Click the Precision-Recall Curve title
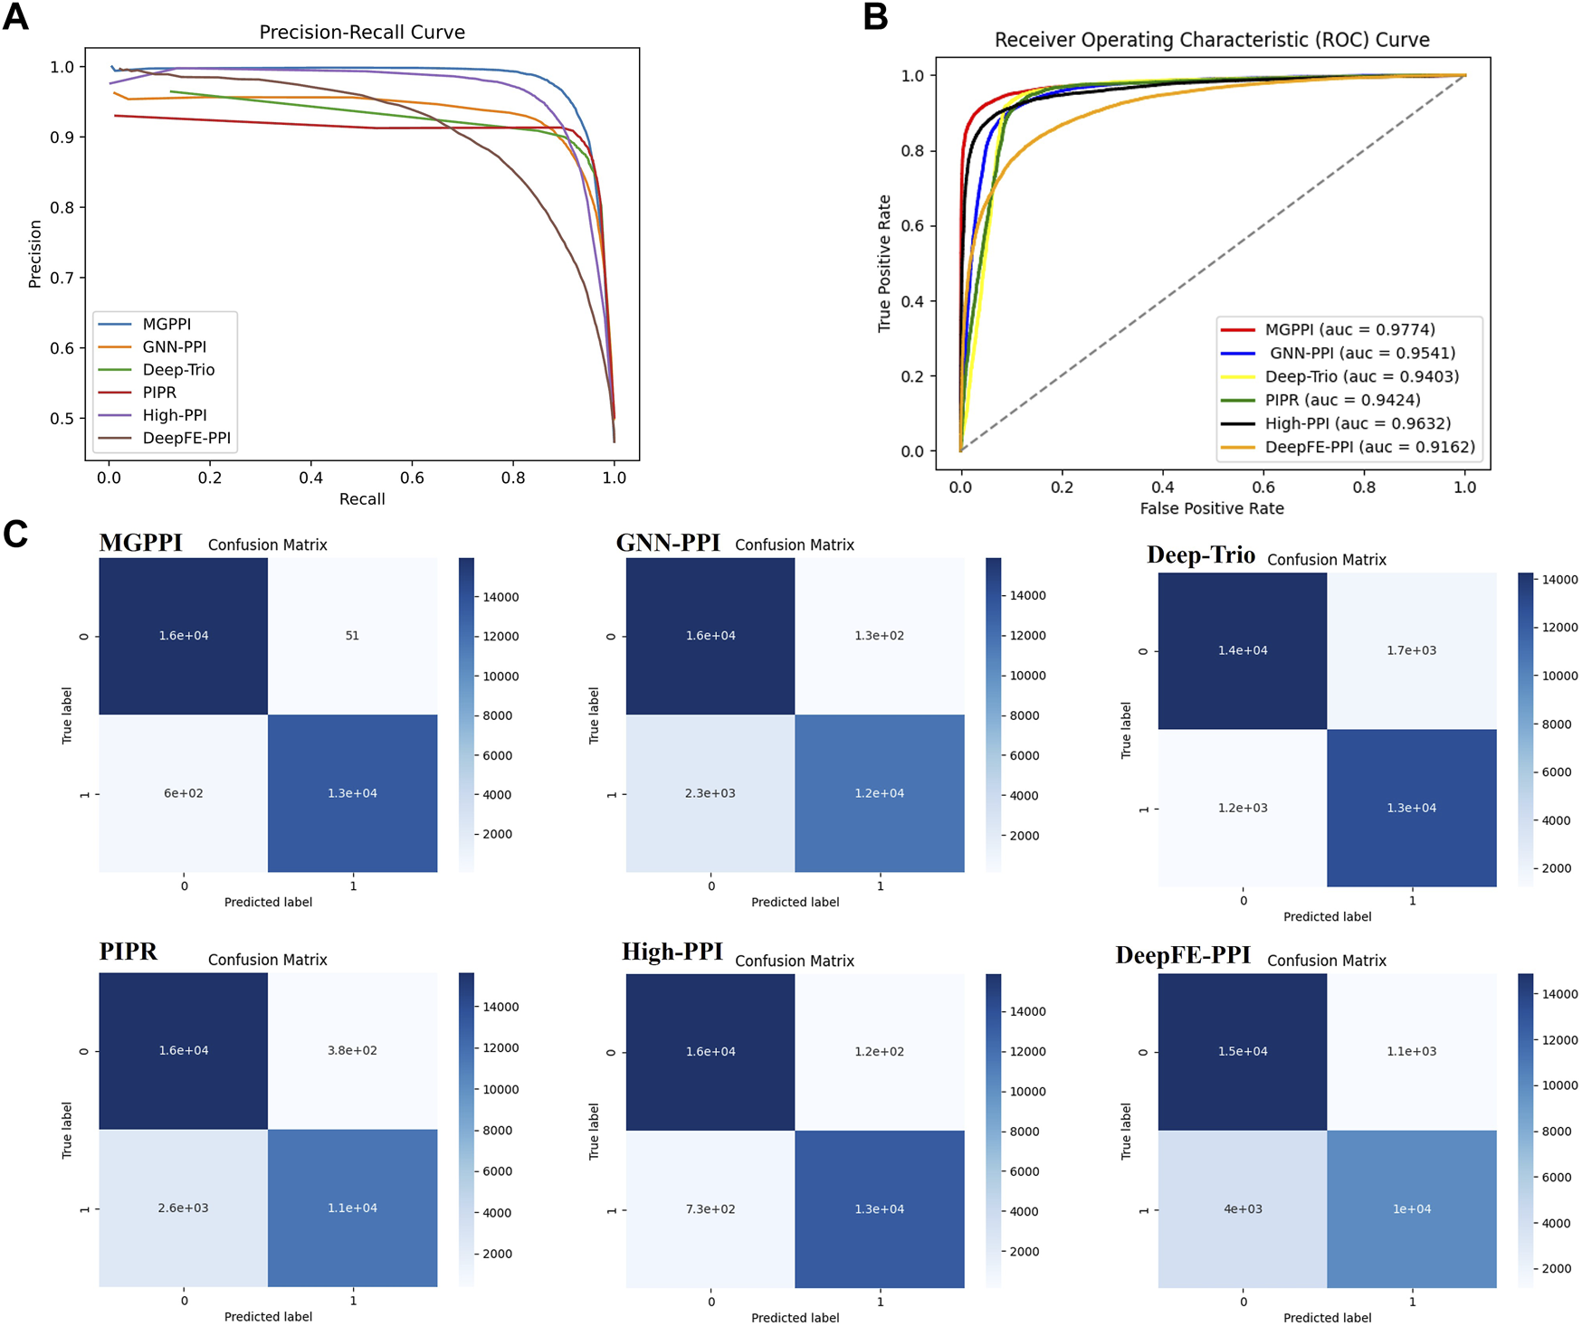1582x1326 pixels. tap(362, 33)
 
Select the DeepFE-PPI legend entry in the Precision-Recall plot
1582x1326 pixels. tap(186, 438)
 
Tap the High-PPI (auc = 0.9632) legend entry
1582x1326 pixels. tap(1358, 423)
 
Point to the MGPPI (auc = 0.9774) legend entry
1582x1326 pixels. tap(1349, 329)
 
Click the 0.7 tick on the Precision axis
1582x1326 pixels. tap(62, 278)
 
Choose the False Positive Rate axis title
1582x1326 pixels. tap(1211, 508)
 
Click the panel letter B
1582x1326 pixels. tap(875, 17)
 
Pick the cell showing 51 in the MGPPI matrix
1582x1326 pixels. tap(352, 636)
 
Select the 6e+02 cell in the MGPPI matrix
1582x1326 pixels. tap(183, 793)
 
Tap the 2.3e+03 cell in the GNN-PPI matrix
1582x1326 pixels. tap(710, 793)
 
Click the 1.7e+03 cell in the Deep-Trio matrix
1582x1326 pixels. tap(1411, 650)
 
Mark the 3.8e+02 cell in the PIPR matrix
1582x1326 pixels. tap(352, 1050)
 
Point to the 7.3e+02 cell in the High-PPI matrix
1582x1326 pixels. tap(710, 1208)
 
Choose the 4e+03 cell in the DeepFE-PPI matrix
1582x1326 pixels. tap(1243, 1208)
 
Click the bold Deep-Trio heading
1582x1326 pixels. tap(1200, 555)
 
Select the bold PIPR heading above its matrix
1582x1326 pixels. tap(128, 952)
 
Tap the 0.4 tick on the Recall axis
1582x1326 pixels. tap(310, 478)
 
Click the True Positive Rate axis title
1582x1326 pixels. tap(884, 263)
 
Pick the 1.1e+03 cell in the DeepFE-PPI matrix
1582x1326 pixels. tap(1411, 1051)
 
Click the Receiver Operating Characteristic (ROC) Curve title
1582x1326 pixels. tap(1211, 40)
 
